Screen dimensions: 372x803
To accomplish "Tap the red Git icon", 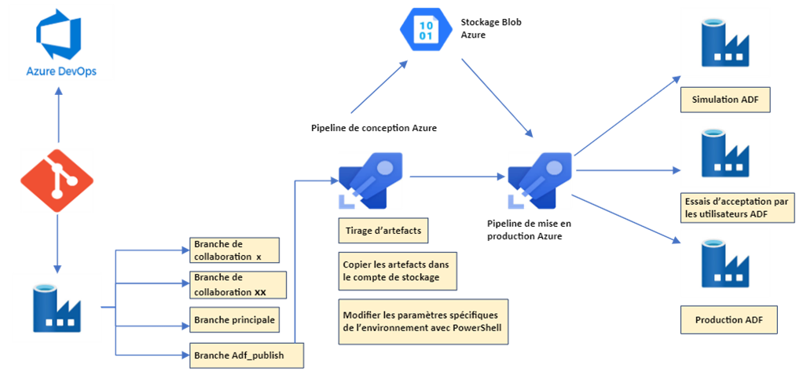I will point(57,180).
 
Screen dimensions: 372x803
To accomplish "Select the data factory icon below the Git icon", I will point(57,307).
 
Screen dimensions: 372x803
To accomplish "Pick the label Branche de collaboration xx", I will point(236,285).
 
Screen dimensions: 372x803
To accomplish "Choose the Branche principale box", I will point(236,320).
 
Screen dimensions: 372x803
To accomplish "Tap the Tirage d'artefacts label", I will point(385,231).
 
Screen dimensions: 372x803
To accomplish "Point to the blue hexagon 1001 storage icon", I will point(424,29).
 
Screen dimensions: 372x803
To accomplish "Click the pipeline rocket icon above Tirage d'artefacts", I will point(370,180).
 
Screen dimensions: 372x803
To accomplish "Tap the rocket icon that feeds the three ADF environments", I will point(538,180).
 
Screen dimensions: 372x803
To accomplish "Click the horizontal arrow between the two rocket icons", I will point(456,177).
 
